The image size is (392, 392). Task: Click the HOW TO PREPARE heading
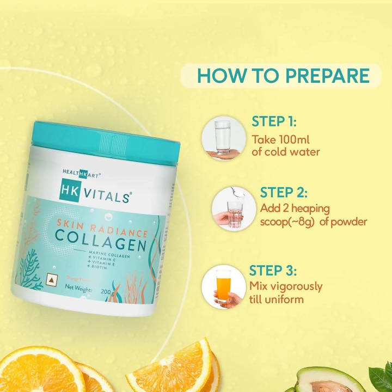coord(282,76)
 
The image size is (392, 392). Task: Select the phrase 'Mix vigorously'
coord(285,286)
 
